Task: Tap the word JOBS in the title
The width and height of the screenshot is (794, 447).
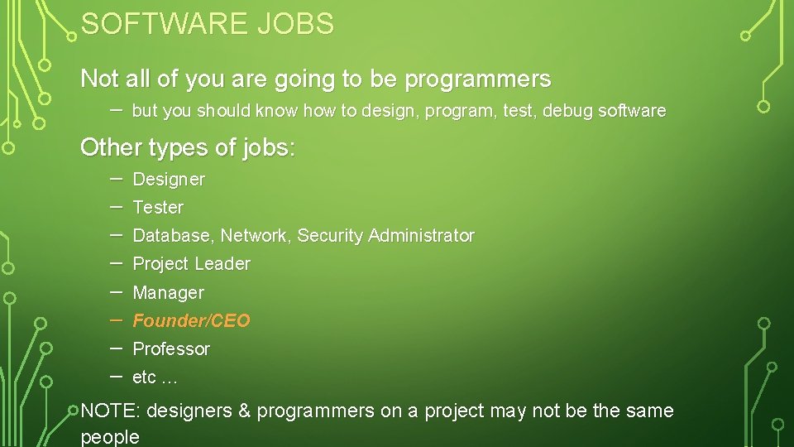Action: tap(295, 25)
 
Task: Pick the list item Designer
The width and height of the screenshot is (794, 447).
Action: tap(169, 179)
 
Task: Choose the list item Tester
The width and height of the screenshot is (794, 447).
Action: tap(158, 207)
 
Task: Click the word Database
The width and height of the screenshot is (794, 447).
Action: tap(173, 236)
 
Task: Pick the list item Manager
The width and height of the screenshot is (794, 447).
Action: tap(168, 293)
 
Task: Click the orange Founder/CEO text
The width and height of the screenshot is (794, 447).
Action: tap(191, 321)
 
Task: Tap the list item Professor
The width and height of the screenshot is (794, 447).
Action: tap(171, 349)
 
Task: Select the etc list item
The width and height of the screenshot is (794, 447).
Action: tap(154, 377)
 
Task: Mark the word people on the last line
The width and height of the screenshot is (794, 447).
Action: tap(110, 437)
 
